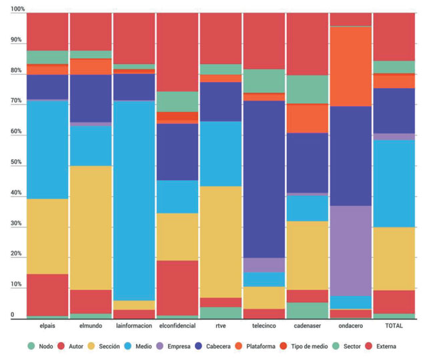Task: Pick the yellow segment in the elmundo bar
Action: coord(90,227)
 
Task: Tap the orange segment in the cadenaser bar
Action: coord(307,119)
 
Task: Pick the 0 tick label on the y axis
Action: coord(12,315)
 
